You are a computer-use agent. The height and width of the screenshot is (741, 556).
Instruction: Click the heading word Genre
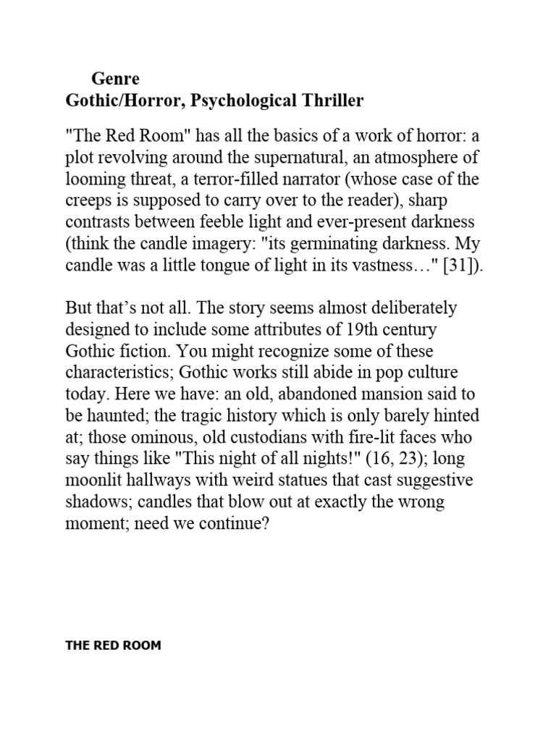[x=115, y=78]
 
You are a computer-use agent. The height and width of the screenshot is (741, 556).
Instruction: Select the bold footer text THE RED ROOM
[x=113, y=645]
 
